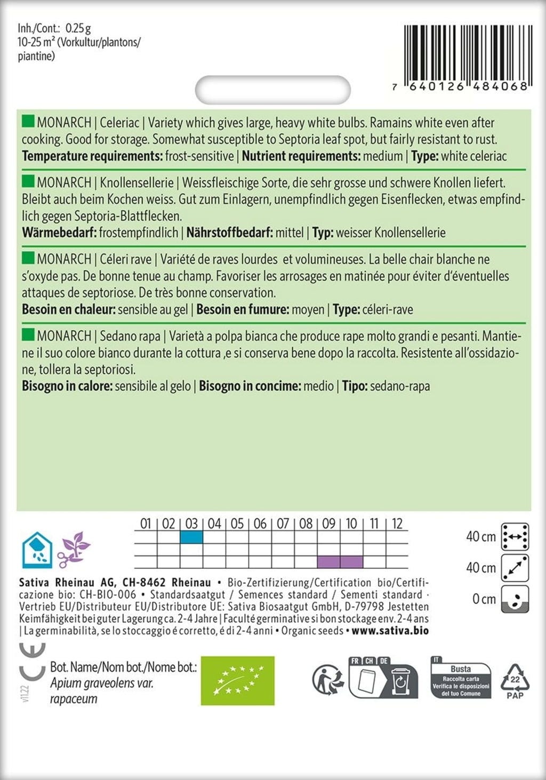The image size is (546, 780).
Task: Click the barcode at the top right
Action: [x=465, y=53]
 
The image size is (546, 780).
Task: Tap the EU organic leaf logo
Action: [x=237, y=681]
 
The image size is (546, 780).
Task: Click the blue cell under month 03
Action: [x=191, y=537]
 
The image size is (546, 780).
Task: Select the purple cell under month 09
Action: [x=328, y=561]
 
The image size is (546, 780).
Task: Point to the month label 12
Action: [x=397, y=524]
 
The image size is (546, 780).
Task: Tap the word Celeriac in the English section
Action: [x=119, y=123]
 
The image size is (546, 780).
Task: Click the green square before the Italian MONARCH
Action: [x=28, y=335]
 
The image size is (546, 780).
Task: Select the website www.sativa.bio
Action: [x=390, y=631]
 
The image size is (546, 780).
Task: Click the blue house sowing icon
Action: [x=36, y=550]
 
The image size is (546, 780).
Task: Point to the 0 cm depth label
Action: [x=484, y=599]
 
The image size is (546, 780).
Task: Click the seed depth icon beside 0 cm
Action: [x=516, y=599]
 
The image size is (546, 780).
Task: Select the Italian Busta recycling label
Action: [x=461, y=679]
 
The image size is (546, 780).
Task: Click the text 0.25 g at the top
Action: [x=78, y=28]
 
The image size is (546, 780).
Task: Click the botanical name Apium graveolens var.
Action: [x=102, y=683]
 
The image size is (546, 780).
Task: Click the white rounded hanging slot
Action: [x=273, y=90]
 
